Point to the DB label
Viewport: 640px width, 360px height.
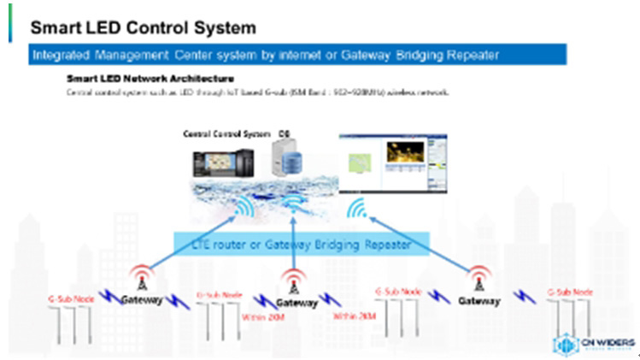coord(285,134)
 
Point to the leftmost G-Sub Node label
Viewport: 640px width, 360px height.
coord(70,298)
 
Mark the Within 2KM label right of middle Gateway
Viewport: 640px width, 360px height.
coord(350,316)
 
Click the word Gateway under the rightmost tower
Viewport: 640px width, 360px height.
coord(479,301)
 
